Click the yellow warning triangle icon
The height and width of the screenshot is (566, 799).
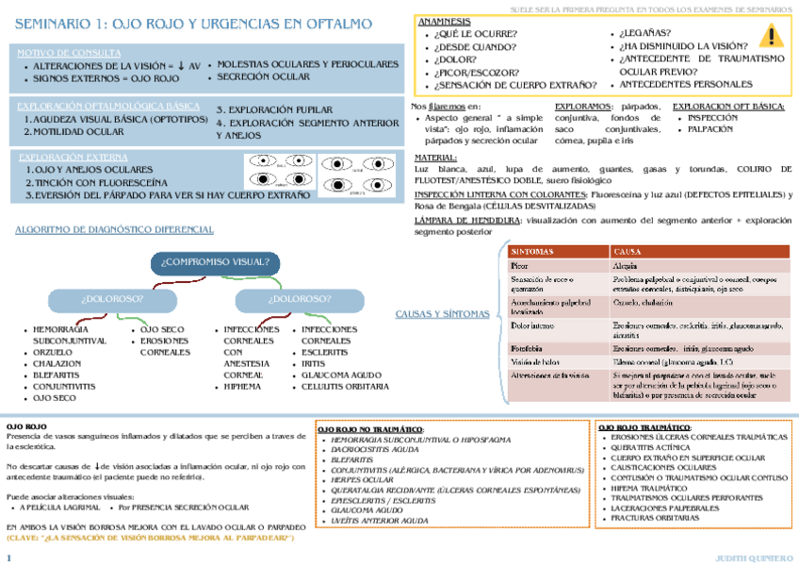click(x=771, y=37)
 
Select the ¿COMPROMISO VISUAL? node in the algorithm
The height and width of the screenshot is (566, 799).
click(x=215, y=261)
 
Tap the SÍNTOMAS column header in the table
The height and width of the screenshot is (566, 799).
click(x=533, y=252)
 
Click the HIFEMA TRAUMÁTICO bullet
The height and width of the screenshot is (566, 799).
click(x=653, y=487)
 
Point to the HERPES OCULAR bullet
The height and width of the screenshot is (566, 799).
click(x=364, y=480)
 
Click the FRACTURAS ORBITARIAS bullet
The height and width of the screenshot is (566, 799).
click(x=660, y=517)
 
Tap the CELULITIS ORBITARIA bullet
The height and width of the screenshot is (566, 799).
click(x=346, y=386)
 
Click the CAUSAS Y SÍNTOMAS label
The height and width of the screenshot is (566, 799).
click(x=442, y=313)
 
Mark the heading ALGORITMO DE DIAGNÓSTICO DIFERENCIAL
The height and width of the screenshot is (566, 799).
click(x=115, y=229)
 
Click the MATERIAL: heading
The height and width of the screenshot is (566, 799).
click(x=436, y=158)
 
